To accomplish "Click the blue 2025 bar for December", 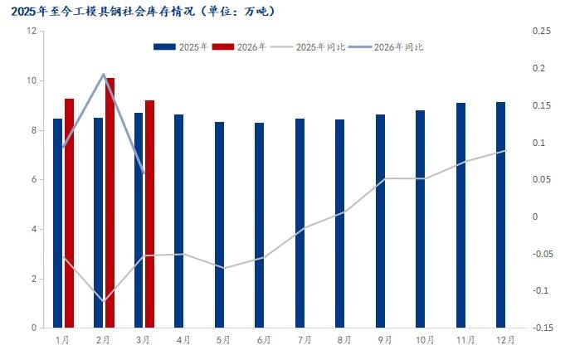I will tap(501, 215).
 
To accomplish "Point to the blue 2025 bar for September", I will tap(380, 221).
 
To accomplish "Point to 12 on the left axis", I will tap(32, 32).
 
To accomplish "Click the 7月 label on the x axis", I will tap(304, 340).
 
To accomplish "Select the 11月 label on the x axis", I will tap(465, 340).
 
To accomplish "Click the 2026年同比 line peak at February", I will tap(104, 74).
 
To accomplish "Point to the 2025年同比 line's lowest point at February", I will tap(104, 301).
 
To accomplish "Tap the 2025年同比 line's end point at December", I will tap(506, 150).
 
